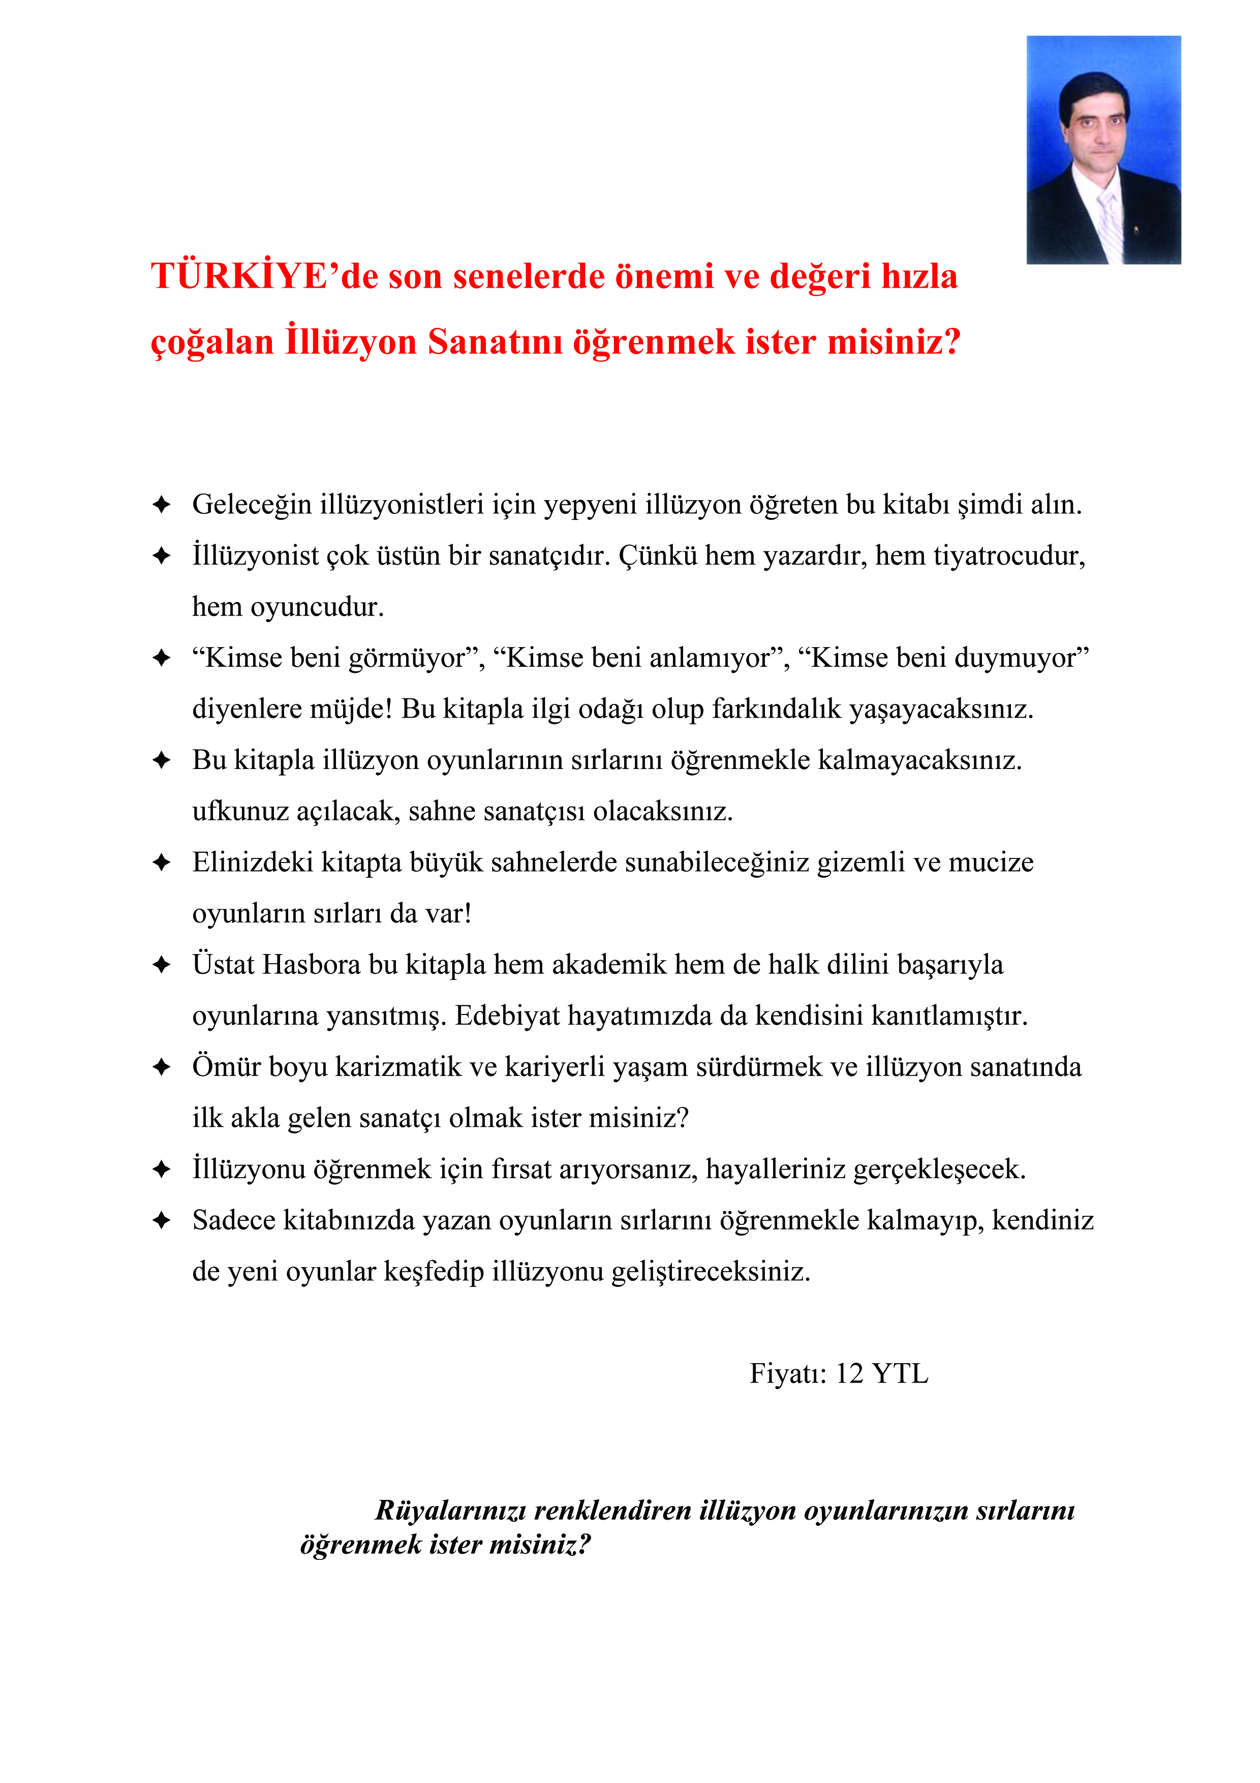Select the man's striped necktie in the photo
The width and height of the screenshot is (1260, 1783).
(1110, 225)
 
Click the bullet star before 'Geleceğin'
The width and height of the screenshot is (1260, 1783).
(162, 505)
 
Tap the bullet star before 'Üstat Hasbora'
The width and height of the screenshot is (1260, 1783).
(162, 965)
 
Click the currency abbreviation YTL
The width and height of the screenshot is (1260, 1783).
(901, 1374)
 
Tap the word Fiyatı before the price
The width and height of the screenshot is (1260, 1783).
(788, 1374)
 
